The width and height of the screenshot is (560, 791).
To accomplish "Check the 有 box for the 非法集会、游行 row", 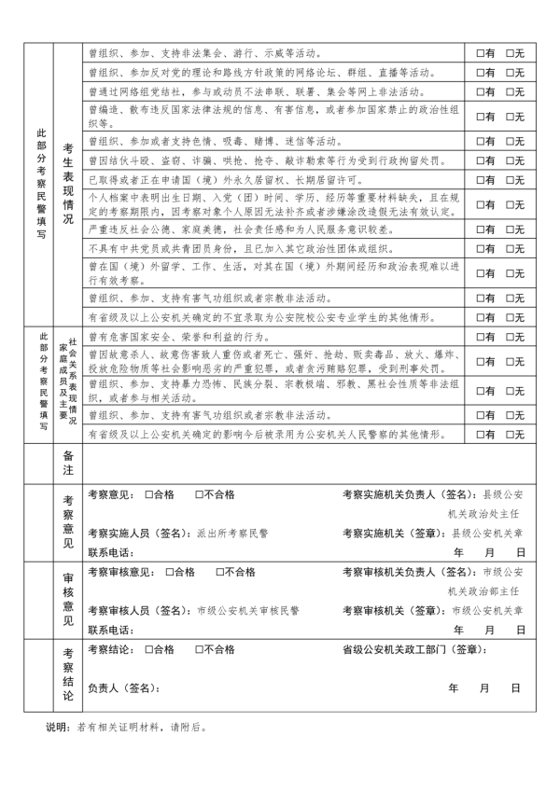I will click(480, 53).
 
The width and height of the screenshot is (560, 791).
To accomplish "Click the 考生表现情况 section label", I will click(69, 185).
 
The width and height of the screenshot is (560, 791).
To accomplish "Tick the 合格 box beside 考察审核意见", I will click(169, 572).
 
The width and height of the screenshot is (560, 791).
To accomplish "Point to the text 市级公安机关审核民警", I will click(248, 611).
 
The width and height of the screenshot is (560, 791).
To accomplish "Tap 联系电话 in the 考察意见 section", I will click(110, 552).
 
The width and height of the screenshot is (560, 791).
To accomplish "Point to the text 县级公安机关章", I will click(487, 534).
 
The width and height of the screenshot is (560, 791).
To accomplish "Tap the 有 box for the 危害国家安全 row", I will click(480, 336).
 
